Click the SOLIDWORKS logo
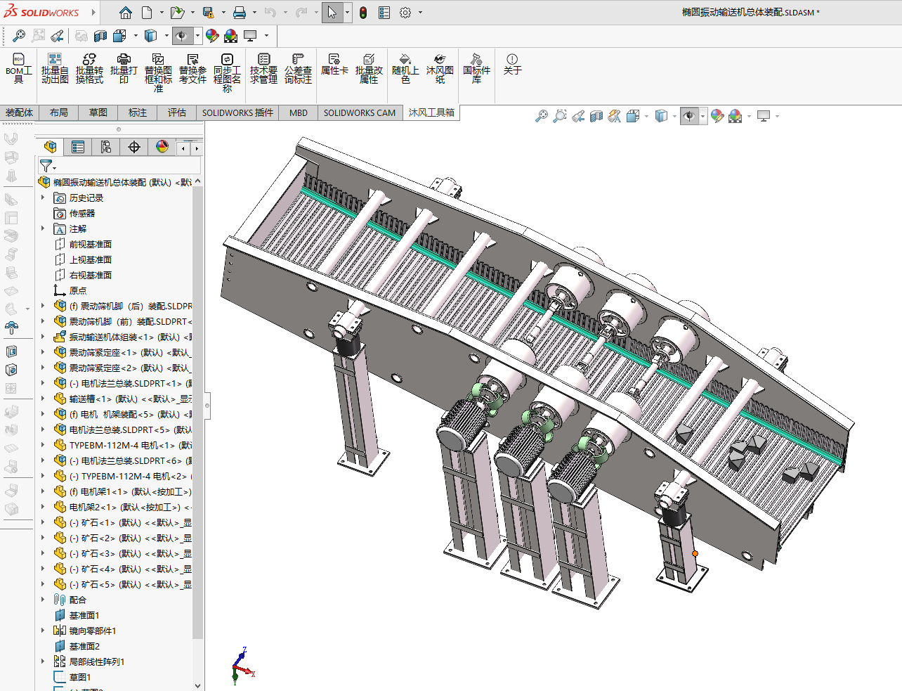(x=41, y=12)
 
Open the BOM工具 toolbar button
(x=19, y=67)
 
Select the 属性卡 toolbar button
(x=334, y=64)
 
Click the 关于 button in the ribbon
(x=512, y=64)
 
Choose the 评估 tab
(x=176, y=112)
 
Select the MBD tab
(x=299, y=112)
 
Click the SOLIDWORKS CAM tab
(x=359, y=112)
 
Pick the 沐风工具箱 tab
(x=431, y=112)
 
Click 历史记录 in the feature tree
(x=86, y=198)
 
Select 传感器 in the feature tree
(x=81, y=214)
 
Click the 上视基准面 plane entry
(x=90, y=260)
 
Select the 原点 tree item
(x=77, y=291)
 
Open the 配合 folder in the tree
(x=77, y=600)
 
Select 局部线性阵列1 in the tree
(x=96, y=662)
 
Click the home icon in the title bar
(x=125, y=13)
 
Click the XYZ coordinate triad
(x=242, y=666)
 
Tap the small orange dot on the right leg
(x=695, y=554)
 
